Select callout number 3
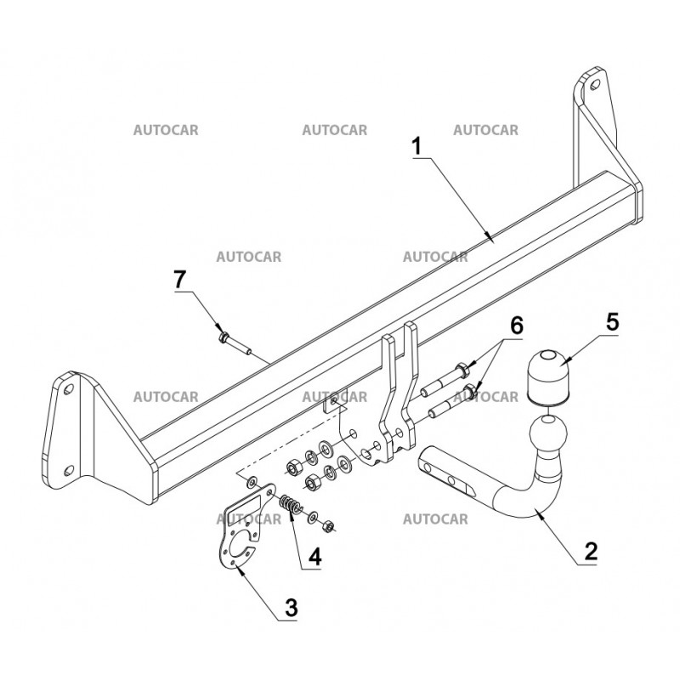click(x=291, y=607)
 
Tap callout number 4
click(x=314, y=557)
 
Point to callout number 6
click(x=517, y=326)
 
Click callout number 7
click(x=179, y=280)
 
